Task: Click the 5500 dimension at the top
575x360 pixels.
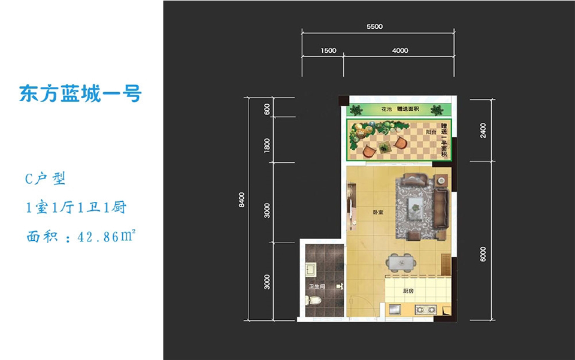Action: (374, 26)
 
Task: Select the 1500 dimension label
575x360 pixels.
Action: (328, 50)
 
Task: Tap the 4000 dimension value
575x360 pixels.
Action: (400, 50)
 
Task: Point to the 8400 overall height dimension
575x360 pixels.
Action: (241, 200)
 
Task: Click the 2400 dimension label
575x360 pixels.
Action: (483, 131)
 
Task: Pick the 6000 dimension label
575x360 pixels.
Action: (483, 254)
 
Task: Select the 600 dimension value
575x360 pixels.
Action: (267, 109)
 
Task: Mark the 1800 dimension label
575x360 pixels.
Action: (267, 146)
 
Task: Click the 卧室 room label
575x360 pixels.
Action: (378, 212)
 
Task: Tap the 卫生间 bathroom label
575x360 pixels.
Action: (316, 286)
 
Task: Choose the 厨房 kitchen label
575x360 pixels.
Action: (408, 291)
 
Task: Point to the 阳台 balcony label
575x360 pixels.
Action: (431, 132)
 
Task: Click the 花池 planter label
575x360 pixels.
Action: (386, 109)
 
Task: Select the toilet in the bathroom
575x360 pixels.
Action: (313, 301)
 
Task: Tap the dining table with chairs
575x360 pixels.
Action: (401, 262)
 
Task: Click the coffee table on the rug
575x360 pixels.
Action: (416, 208)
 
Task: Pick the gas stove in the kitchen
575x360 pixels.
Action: (426, 310)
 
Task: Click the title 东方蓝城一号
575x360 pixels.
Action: (80, 93)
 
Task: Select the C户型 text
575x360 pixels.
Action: (45, 179)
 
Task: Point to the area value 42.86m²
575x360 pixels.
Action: (107, 237)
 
